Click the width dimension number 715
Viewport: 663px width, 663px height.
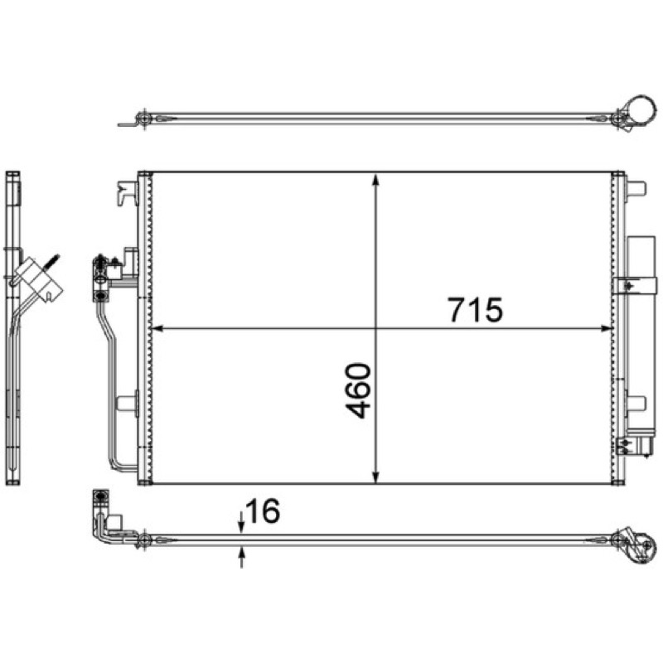(475, 309)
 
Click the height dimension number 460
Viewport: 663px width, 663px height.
(358, 390)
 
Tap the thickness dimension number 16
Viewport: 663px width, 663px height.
(262, 511)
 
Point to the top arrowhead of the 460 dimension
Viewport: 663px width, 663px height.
(375, 180)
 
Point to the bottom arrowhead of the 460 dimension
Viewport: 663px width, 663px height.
(375, 477)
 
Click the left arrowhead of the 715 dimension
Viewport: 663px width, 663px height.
(157, 328)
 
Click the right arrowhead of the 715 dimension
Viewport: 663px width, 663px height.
(607, 328)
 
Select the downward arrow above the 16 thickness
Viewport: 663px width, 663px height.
(241, 521)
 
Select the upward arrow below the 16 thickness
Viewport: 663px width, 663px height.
(241, 557)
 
